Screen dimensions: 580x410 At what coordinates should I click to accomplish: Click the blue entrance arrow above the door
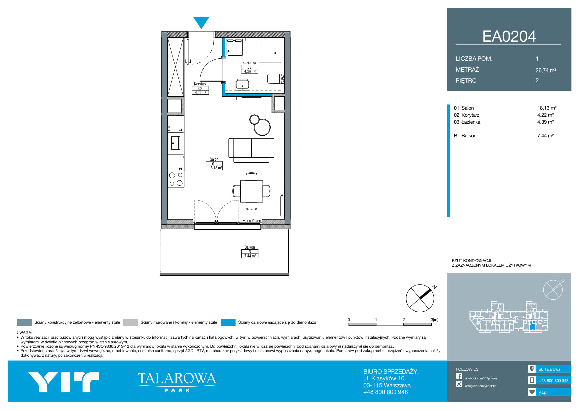[x=201, y=22]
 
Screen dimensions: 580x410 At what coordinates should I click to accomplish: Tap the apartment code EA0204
[x=509, y=36]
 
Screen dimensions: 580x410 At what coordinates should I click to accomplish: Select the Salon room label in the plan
[x=214, y=159]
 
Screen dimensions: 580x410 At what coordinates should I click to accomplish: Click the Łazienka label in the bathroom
[x=249, y=63]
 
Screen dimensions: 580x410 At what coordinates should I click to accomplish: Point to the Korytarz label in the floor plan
[x=200, y=84]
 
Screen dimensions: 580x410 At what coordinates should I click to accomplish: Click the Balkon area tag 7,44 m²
[x=250, y=256]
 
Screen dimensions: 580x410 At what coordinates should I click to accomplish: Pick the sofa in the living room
[x=252, y=150]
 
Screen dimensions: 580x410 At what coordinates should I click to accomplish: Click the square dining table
[x=251, y=191]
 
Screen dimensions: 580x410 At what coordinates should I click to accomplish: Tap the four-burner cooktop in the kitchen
[x=176, y=179]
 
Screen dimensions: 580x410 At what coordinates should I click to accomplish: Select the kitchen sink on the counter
[x=175, y=143]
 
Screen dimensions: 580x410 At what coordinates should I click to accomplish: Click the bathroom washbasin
[x=243, y=84]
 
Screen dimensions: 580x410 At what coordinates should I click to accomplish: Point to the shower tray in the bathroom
[x=270, y=52]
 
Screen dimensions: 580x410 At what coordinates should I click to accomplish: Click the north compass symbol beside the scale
[x=420, y=298]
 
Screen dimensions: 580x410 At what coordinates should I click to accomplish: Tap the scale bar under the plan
[x=390, y=324]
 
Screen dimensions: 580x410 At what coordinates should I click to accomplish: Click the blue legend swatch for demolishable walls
[x=228, y=322]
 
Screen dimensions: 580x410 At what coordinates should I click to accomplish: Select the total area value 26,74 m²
[x=546, y=70]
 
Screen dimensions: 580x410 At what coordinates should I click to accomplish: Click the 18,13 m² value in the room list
[x=547, y=108]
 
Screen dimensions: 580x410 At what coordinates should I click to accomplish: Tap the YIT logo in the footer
[x=63, y=382]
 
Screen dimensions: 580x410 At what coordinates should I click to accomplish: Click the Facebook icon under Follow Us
[x=459, y=376]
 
